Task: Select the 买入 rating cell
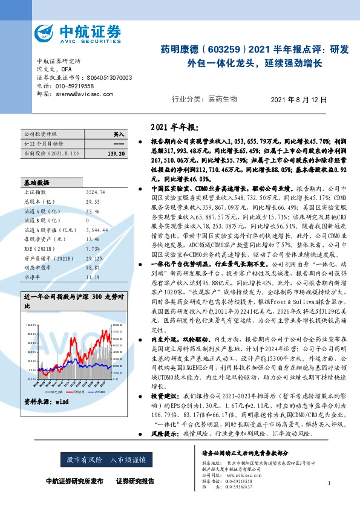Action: (x=119, y=134)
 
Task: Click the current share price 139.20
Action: (x=115, y=155)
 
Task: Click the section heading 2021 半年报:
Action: (x=173, y=128)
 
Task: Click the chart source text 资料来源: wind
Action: (x=46, y=401)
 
